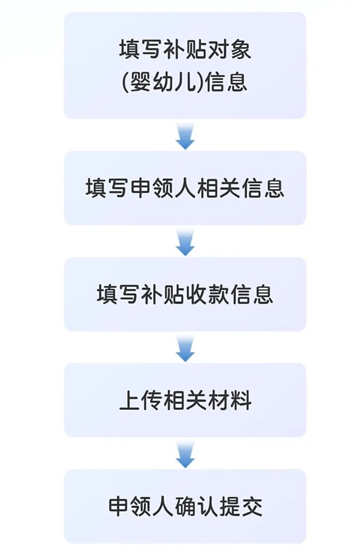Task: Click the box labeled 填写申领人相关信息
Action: click(x=185, y=188)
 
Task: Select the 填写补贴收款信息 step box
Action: click(x=185, y=294)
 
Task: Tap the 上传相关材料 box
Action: click(x=185, y=400)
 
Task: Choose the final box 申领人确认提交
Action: click(x=185, y=506)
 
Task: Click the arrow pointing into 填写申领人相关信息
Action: click(x=185, y=136)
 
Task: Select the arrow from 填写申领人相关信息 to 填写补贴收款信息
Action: click(x=185, y=242)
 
